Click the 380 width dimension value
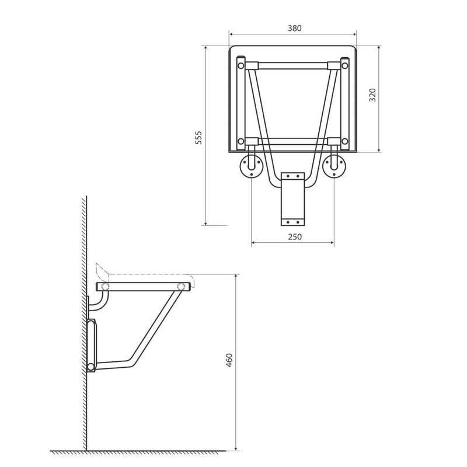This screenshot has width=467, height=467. (295, 28)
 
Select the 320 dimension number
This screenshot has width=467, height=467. (372, 95)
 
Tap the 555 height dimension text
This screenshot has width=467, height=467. (198, 138)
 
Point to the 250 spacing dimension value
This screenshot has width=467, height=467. (295, 237)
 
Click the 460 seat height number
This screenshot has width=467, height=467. (229, 360)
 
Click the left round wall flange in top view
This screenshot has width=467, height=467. (252, 167)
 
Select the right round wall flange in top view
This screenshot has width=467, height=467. (334, 167)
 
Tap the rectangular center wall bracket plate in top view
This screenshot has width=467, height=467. (293, 199)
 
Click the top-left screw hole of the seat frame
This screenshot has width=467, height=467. (241, 65)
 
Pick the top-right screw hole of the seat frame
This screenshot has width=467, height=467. (344, 65)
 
